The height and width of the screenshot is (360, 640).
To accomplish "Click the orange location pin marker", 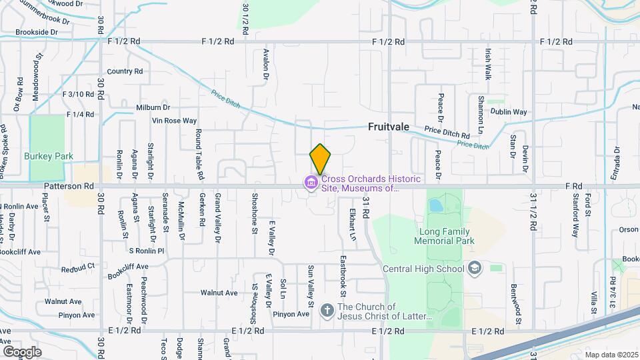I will point(320,159).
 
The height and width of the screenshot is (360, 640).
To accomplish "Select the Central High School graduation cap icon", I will point(474,269).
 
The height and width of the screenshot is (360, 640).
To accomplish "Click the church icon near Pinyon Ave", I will point(327,310).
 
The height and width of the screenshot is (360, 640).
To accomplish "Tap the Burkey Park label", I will point(48,156).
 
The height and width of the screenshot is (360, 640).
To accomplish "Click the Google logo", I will point(22,351).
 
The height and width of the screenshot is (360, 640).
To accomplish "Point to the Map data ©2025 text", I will point(611,355).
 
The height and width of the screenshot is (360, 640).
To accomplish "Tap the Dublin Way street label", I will point(510,112).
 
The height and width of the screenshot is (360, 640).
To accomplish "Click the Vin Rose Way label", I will point(174,121).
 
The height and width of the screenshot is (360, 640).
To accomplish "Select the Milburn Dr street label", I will point(153,107).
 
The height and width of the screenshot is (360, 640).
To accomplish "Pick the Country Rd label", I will point(125,71).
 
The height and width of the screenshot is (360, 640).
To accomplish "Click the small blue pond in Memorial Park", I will point(435,205).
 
